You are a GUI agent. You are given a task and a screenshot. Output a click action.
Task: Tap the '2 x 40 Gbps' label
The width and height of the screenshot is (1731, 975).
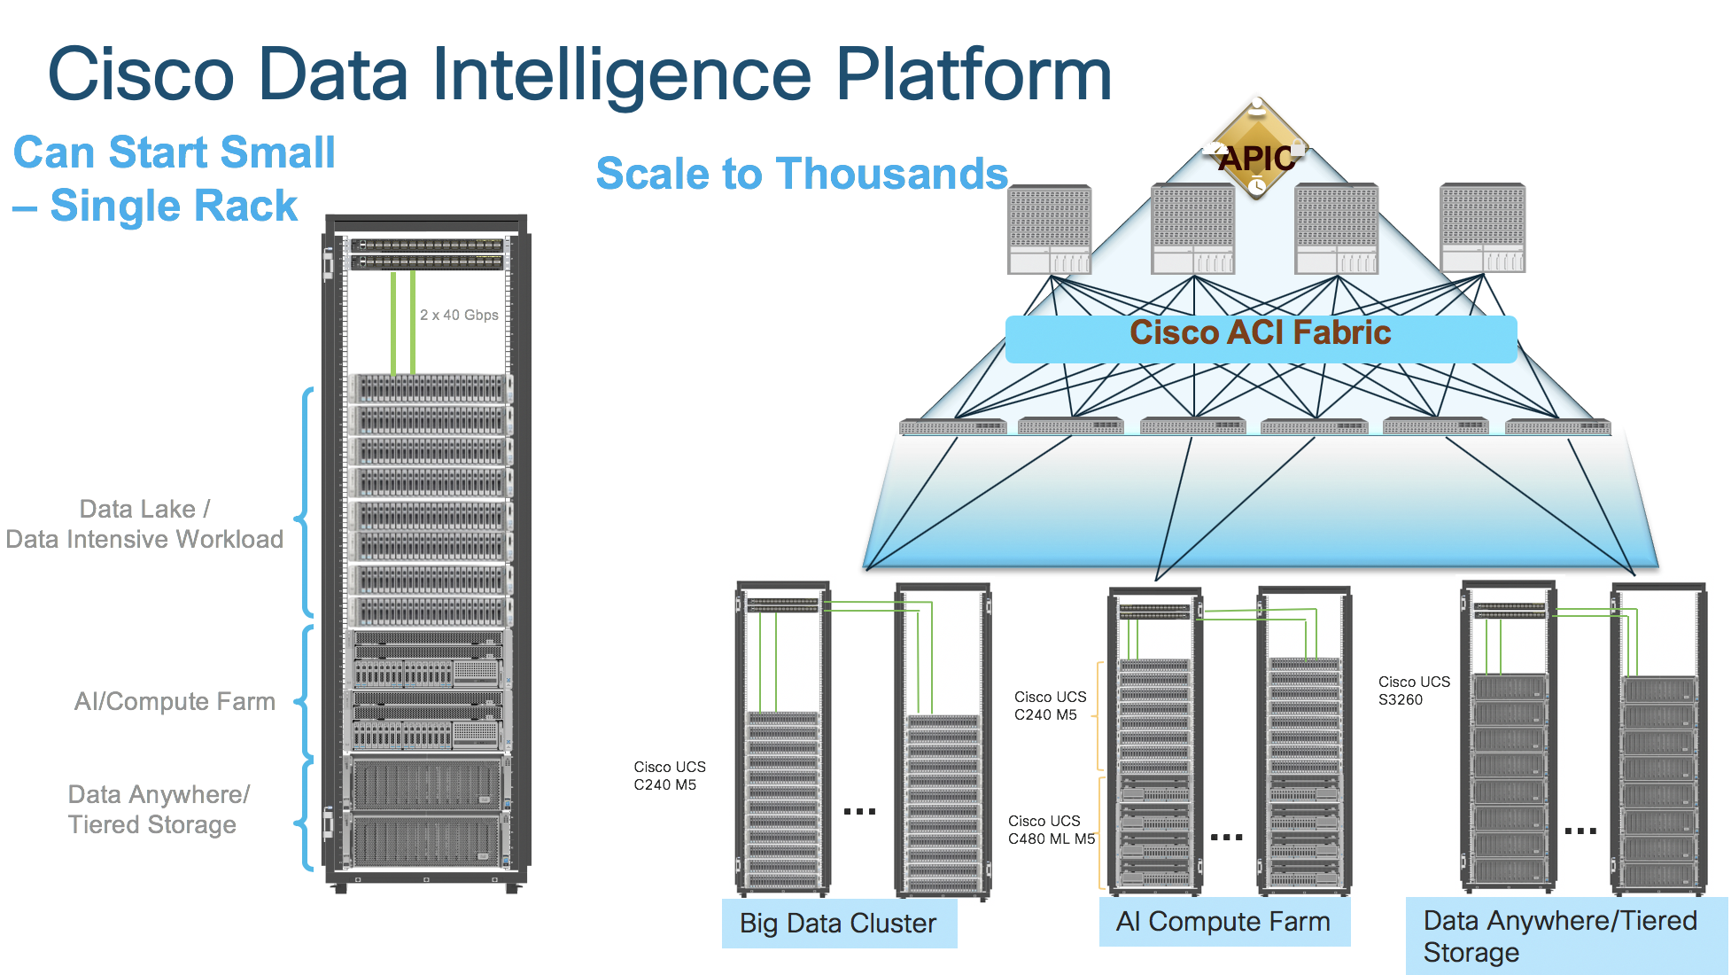pos(459,315)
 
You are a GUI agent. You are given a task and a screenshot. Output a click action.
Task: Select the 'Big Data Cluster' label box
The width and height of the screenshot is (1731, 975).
pos(838,923)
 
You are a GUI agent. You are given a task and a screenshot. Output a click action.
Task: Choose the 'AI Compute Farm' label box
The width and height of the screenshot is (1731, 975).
pos(1223,922)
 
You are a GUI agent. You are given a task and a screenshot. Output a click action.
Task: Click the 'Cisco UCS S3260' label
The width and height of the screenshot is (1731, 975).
pos(1414,690)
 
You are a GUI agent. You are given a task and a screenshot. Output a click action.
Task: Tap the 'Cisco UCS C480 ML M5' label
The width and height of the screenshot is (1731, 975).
pos(1051,830)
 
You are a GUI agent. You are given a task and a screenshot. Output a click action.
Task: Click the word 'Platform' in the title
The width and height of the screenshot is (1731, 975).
pos(974,74)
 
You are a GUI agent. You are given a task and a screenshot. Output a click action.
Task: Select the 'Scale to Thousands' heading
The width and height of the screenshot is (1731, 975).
pos(802,174)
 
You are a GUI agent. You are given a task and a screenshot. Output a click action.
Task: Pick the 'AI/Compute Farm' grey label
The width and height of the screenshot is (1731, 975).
pos(175,702)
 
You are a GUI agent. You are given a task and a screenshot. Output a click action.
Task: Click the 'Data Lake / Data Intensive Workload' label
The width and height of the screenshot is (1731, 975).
pos(144,524)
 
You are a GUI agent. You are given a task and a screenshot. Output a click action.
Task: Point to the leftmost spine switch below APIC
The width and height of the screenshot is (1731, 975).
pos(1050,230)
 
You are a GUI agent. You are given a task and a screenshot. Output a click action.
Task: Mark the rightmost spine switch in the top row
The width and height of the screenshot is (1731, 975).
pos(1482,228)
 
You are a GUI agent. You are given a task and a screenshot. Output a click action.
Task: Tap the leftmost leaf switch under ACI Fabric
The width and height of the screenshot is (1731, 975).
pos(952,427)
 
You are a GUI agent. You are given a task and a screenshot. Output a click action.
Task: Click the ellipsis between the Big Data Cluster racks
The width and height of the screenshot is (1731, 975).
pos(859,811)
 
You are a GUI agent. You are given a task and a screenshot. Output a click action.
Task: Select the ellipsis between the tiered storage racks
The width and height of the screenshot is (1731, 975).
pos(1580,831)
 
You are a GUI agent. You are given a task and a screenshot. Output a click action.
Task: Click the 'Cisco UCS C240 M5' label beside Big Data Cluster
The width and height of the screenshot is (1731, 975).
pos(669,776)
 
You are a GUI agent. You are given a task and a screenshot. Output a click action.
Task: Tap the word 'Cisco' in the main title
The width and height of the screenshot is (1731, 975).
pos(142,74)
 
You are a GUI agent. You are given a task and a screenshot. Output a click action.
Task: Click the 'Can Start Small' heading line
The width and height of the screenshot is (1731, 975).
pos(175,152)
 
